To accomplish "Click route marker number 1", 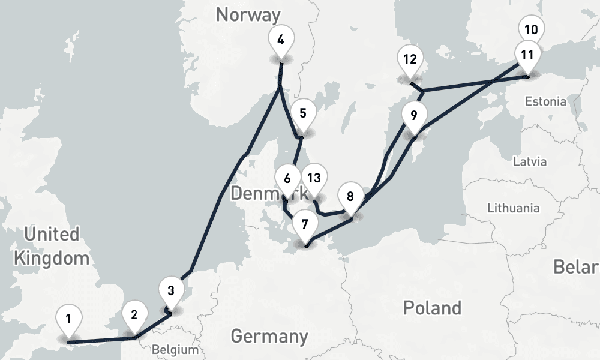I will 69,318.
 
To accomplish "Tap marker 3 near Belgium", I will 171,291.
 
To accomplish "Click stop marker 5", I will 302,113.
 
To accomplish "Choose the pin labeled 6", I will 287,178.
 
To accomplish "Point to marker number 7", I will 305,224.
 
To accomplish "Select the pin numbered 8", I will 350,196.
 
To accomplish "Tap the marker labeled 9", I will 414,114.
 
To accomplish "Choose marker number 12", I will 410,59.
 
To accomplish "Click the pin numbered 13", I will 314,178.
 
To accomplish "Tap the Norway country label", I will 248,14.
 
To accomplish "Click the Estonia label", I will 545,101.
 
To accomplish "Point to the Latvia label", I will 530,161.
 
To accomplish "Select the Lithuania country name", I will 513,208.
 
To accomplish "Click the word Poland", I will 432,308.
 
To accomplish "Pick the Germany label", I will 269,336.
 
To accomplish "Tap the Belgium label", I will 175,350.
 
